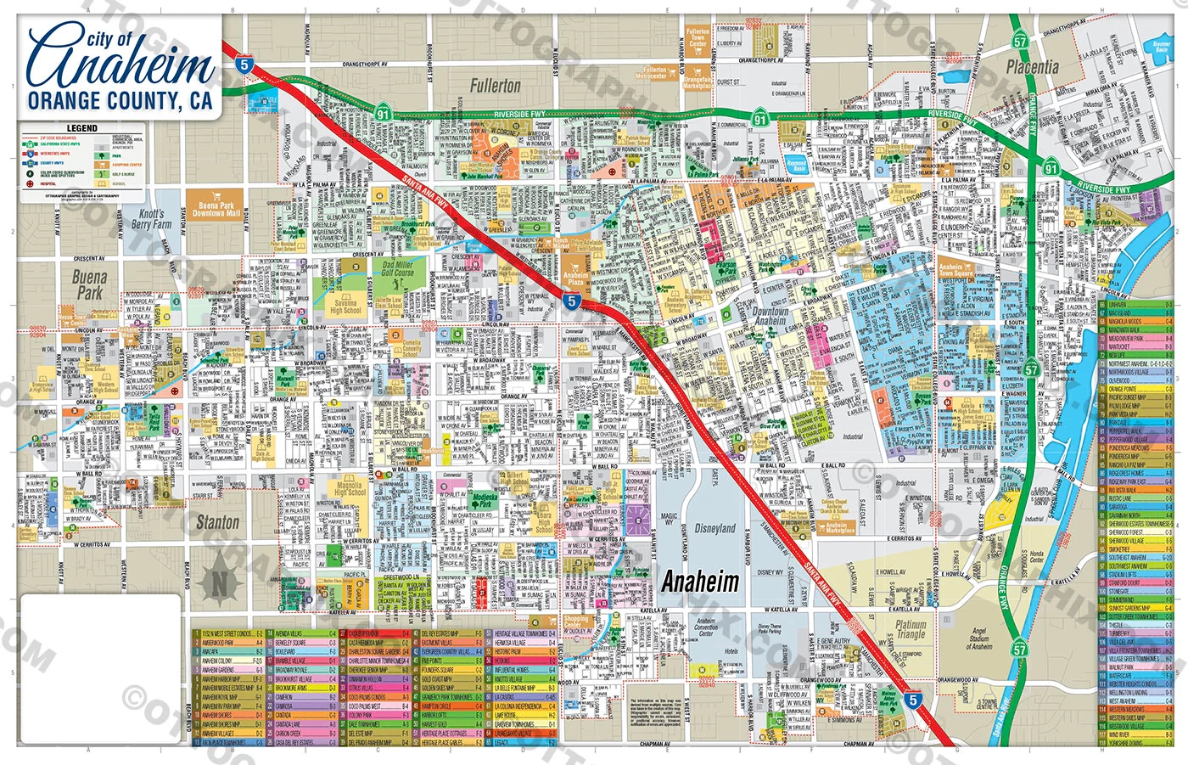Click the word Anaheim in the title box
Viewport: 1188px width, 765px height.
(x=119, y=64)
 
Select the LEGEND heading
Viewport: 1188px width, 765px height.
(x=82, y=128)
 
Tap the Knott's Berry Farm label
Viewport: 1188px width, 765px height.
(x=151, y=220)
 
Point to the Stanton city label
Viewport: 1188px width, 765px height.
(x=217, y=522)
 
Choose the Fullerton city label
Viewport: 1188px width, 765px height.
(x=495, y=86)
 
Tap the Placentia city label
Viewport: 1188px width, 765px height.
(x=1032, y=66)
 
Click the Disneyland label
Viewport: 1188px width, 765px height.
(x=714, y=528)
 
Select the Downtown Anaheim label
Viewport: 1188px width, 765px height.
(x=771, y=316)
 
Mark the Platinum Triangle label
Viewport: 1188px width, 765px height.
(x=911, y=629)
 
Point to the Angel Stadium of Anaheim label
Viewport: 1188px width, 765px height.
(x=979, y=638)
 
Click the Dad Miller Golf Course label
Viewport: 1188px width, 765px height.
(x=397, y=269)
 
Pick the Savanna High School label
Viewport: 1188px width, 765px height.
(x=345, y=307)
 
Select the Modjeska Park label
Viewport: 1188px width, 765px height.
(x=485, y=501)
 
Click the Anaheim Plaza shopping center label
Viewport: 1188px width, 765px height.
(x=574, y=278)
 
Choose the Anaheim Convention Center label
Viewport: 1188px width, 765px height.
(x=706, y=627)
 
